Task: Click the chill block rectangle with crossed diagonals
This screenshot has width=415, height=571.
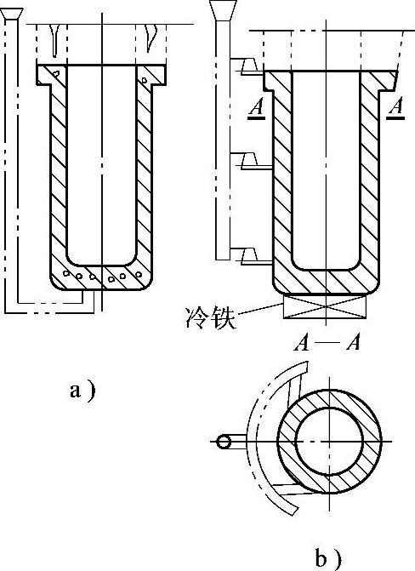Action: (325, 306)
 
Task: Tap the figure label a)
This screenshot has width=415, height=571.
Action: (82, 391)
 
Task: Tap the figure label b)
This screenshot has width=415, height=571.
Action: (327, 559)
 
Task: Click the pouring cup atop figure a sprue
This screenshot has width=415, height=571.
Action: (12, 14)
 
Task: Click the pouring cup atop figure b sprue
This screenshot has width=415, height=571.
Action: (223, 10)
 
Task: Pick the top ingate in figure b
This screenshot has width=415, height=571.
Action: (251, 66)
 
